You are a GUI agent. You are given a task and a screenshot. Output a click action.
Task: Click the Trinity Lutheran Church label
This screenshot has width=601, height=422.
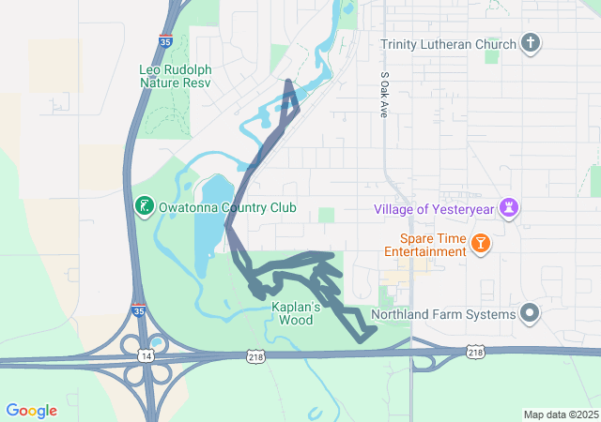448,44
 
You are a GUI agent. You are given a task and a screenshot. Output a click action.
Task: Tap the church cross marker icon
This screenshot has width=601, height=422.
531,43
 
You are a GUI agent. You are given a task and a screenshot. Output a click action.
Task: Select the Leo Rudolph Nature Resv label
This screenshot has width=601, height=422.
175,76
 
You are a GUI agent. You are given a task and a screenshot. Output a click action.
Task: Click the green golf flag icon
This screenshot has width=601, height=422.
144,206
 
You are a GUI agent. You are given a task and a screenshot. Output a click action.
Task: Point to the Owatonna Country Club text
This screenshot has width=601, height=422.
227,207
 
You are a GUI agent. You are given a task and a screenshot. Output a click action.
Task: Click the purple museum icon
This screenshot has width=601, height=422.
509,207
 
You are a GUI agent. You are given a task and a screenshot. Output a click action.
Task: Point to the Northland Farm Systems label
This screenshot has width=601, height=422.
443,314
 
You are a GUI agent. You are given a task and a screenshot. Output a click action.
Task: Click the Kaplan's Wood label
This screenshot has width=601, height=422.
296,313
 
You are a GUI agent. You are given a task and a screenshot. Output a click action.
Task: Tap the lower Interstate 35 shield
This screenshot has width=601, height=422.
139,310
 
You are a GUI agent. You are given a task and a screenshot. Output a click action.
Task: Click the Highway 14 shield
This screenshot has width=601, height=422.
146,355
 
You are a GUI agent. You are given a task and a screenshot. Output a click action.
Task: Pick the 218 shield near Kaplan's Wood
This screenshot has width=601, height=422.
255,356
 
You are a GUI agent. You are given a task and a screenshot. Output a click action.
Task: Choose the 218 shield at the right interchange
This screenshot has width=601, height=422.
475,351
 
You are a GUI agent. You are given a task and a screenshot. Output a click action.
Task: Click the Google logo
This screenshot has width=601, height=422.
31,411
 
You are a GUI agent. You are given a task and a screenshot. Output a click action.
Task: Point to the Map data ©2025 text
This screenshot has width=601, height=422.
560,414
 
